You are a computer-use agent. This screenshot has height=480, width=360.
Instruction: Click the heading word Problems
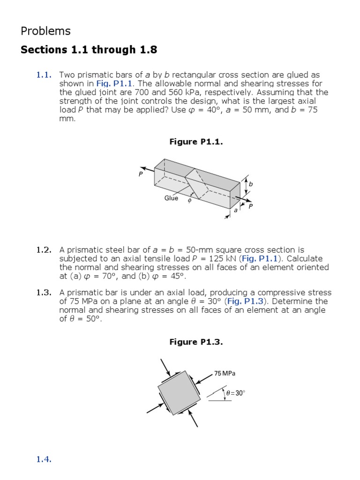45,31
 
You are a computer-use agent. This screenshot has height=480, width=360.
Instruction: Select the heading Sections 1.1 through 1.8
89,50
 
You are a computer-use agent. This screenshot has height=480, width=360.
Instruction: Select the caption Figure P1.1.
196,142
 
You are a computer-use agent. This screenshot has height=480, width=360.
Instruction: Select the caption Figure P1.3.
196,342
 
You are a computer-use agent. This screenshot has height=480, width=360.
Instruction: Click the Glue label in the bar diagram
171,198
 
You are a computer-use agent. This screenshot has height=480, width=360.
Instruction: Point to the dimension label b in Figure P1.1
251,184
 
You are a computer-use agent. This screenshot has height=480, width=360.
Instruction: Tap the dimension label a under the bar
236,211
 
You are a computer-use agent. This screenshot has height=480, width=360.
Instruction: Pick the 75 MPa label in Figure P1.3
225,374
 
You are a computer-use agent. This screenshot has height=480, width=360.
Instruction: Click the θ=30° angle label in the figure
235,393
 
